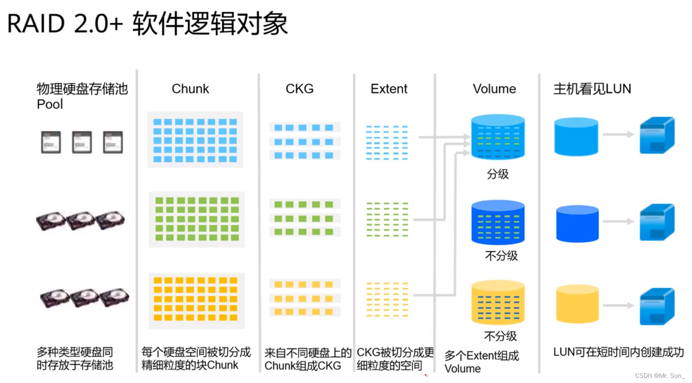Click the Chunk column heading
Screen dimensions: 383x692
coord(190,89)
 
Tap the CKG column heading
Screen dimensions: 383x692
coord(299,89)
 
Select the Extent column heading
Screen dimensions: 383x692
coord(389,89)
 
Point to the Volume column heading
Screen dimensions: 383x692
coord(494,89)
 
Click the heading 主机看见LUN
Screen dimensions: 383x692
coord(592,89)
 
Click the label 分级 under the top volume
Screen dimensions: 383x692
coord(498,174)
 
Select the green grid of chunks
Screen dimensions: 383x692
coord(197,219)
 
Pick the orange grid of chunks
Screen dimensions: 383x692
coord(196,300)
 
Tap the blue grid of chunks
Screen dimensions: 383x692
coord(195,139)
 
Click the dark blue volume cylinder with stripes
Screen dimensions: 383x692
coord(498,222)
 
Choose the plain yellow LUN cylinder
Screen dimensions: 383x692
coord(577,304)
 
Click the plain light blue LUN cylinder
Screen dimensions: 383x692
coord(576,136)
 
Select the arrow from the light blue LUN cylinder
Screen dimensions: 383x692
coord(618,135)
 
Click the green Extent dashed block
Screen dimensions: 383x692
coord(387,220)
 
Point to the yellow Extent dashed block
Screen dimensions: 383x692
coord(387,300)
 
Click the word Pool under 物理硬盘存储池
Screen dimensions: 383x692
coord(50,104)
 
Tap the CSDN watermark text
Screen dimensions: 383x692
coord(660,375)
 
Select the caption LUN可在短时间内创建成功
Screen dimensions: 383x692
coord(618,352)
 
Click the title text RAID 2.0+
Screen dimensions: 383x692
coord(65,24)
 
